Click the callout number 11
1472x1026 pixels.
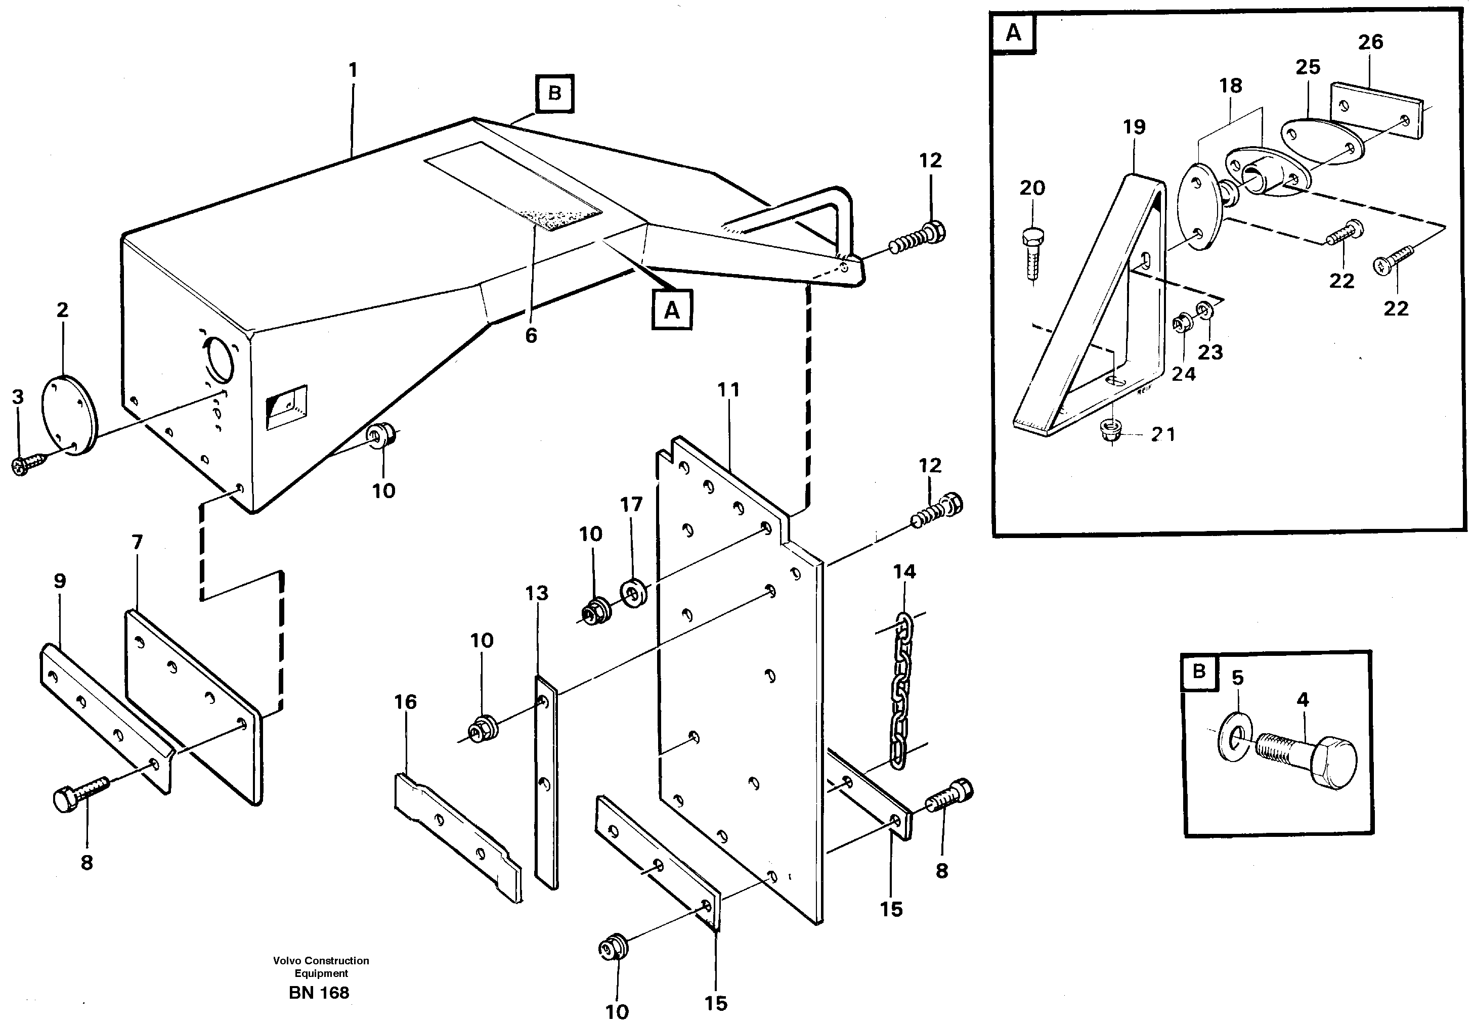[728, 390]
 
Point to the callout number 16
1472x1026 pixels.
[405, 702]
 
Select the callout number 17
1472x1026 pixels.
[631, 505]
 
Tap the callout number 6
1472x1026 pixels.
[531, 335]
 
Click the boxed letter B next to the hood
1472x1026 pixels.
[554, 94]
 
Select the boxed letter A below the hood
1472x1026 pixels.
[671, 311]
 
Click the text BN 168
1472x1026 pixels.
[319, 993]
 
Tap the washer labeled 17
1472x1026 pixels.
[634, 593]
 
